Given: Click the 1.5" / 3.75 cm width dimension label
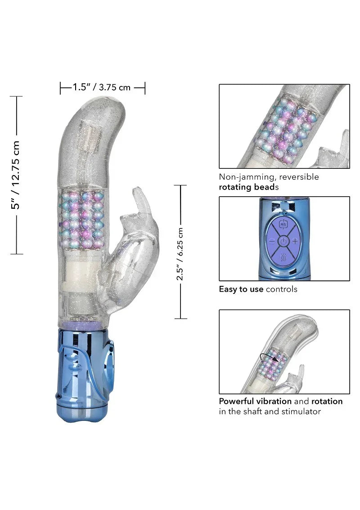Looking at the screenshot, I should point(102,87).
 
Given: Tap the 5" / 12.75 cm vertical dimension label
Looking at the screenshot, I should point(17,175).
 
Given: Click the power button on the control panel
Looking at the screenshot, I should point(283,242).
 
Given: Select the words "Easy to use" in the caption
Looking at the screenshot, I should point(241,289).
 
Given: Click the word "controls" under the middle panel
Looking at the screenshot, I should point(282,289).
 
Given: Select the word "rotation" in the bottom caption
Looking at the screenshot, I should point(327,401).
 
